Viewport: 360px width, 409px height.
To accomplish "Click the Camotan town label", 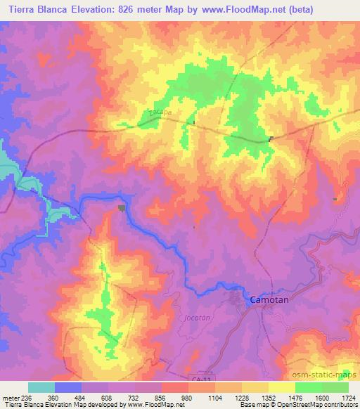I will click(271, 299).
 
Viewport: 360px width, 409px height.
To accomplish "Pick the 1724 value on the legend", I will click(347, 397).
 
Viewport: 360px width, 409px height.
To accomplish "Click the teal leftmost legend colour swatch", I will click(41, 387).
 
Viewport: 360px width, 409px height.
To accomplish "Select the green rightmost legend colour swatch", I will click(335, 387).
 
